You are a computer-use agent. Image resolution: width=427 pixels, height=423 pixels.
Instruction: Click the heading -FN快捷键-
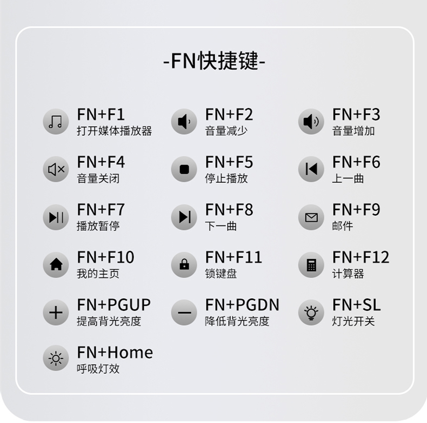click(x=214, y=61)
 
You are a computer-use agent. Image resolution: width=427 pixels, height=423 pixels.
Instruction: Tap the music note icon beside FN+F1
click(x=56, y=122)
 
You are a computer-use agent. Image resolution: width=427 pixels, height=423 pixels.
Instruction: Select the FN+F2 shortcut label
click(x=229, y=115)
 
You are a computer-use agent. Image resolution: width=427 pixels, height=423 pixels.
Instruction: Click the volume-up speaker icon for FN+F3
click(x=311, y=122)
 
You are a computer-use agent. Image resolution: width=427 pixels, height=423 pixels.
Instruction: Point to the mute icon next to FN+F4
click(x=56, y=169)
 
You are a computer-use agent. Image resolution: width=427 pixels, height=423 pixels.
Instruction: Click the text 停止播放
click(x=226, y=179)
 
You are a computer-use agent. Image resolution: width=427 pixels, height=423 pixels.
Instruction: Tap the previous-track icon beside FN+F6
click(x=311, y=169)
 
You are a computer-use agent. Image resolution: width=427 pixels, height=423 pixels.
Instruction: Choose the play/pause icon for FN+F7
click(x=56, y=217)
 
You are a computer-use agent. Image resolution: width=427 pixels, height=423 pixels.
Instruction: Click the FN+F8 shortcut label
click(x=229, y=210)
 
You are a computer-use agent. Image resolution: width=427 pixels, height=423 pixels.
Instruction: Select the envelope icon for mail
click(x=311, y=217)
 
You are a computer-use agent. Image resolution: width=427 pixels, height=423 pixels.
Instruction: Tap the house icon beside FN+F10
click(x=56, y=265)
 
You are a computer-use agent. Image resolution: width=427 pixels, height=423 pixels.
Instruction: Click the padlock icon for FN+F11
click(x=184, y=265)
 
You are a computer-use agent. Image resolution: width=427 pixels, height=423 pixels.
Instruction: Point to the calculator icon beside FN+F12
click(x=311, y=265)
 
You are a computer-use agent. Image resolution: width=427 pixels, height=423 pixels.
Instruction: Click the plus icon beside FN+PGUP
click(x=56, y=312)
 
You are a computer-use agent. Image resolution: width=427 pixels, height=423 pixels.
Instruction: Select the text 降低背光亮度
click(x=237, y=321)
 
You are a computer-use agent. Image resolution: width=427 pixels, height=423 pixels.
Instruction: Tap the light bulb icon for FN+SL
click(x=311, y=312)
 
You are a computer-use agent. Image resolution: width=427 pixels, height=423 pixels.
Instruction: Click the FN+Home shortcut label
click(x=115, y=353)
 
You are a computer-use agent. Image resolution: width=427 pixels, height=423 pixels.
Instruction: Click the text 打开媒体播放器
click(x=114, y=131)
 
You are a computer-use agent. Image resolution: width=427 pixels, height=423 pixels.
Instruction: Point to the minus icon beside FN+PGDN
click(x=184, y=312)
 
